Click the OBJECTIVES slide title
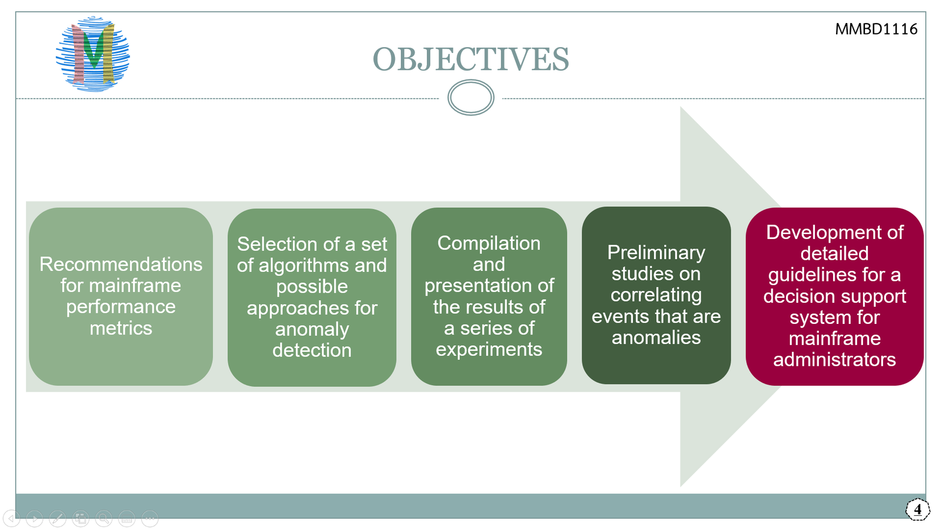pos(470,59)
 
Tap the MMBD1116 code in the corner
pos(875,29)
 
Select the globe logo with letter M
pos(93,54)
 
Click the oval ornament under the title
pos(470,98)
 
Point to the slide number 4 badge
pos(917,509)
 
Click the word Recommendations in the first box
pos(121,264)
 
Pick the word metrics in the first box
pos(121,328)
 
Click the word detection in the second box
pos(312,350)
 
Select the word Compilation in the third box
pos(489,243)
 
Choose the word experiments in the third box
pos(489,349)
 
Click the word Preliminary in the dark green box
pos(656,253)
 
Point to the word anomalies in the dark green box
pos(656,337)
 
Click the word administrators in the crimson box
pos(834,360)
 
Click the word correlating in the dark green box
pos(656,295)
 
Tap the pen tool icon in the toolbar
pos(57,518)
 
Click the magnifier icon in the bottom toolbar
pos(104,518)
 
